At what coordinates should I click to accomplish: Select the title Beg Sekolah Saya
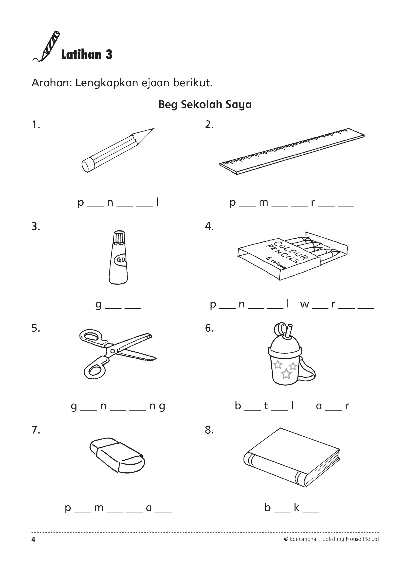(x=205, y=104)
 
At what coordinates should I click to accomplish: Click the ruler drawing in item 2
(x=292, y=151)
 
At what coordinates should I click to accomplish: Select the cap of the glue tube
(x=119, y=237)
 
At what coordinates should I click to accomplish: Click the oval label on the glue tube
(x=121, y=259)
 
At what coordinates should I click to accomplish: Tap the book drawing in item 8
(x=292, y=457)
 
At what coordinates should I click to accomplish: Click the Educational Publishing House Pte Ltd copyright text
(x=331, y=539)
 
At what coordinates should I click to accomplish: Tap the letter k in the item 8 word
(x=297, y=507)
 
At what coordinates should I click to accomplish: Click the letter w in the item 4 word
(x=305, y=304)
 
